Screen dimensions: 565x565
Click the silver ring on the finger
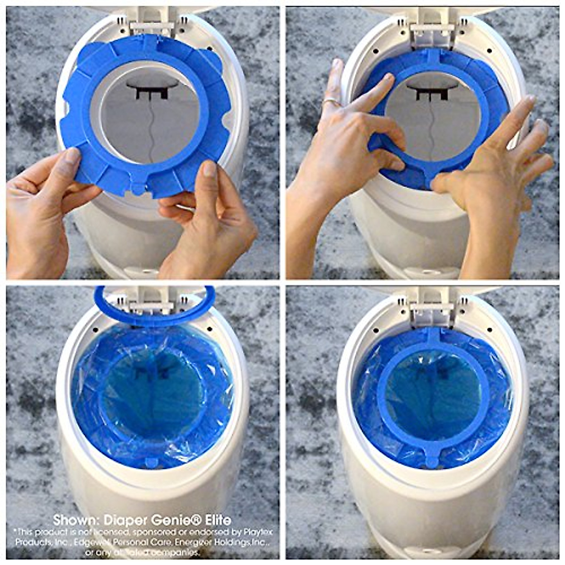click(331, 102)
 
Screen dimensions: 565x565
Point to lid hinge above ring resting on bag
click(432, 308)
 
